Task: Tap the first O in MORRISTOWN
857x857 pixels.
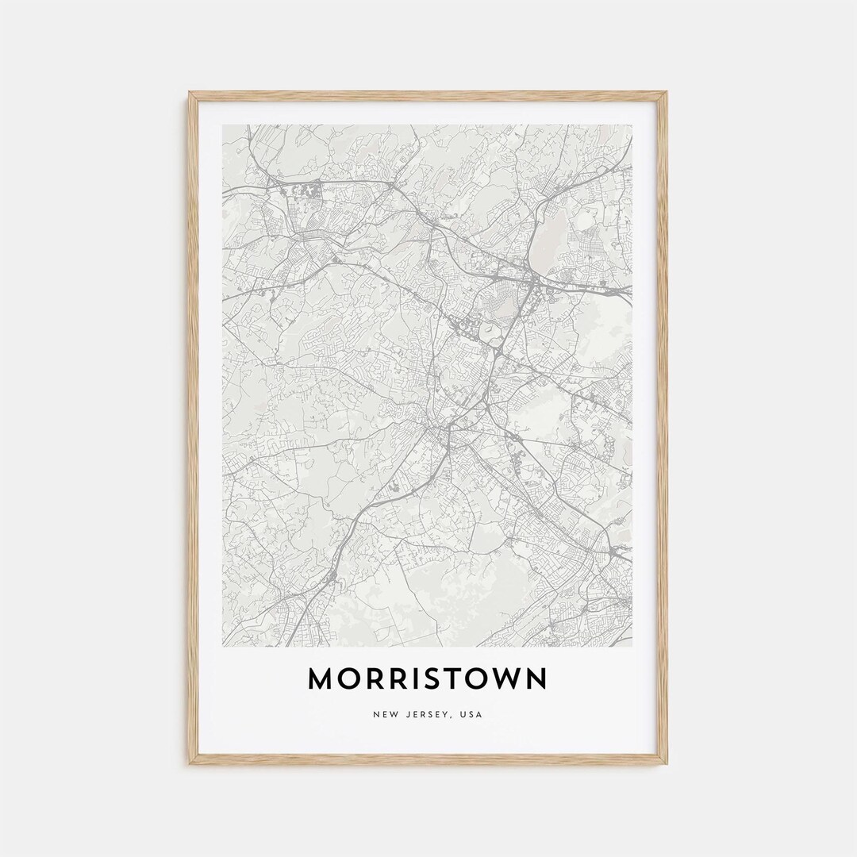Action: (x=353, y=678)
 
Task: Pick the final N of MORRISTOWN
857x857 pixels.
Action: (x=536, y=678)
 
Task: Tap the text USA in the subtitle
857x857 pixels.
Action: (x=471, y=715)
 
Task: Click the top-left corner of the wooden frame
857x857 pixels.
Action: (x=190, y=93)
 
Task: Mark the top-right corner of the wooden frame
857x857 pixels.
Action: (x=667, y=93)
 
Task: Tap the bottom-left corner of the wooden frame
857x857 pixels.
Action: (x=190, y=763)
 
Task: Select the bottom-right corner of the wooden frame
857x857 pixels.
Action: (x=667, y=763)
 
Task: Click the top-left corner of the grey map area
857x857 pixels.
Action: (x=223, y=125)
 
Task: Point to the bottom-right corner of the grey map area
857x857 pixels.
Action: (x=632, y=646)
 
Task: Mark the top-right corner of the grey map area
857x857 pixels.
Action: (x=632, y=125)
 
